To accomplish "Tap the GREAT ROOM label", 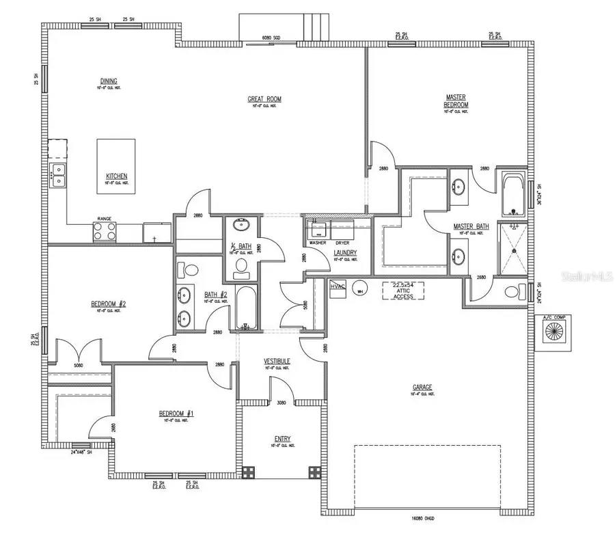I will tap(264, 99).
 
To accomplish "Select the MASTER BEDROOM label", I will tap(456, 101).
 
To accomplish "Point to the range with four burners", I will tap(105, 232).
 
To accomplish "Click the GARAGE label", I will tap(422, 387).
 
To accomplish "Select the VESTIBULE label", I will tap(277, 360).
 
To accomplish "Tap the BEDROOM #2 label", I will tap(110, 304).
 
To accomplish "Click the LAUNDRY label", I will tap(345, 252).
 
